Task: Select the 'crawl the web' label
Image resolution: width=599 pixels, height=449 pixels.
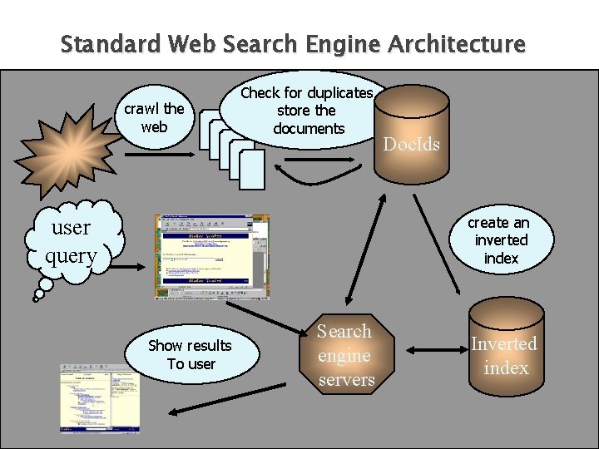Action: point(154,117)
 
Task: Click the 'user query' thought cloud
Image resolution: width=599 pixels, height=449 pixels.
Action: point(73,239)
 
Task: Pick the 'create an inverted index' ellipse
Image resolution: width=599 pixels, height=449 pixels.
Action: point(499,240)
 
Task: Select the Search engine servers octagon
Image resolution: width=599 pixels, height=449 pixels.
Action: point(346,355)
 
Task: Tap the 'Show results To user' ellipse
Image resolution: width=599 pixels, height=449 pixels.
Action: point(191,354)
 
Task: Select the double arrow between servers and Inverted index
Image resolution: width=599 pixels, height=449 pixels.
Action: point(425,354)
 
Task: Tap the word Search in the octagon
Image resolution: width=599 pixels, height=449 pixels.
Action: point(344,331)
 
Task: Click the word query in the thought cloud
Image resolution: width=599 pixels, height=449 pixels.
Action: point(72,255)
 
